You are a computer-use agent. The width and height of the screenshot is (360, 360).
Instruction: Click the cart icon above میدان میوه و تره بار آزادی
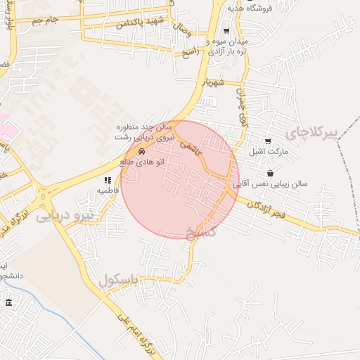coord(226,31)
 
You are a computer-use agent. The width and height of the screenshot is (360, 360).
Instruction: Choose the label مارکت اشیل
coord(265,151)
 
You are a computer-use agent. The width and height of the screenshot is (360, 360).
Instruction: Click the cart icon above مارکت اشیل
coord(268,141)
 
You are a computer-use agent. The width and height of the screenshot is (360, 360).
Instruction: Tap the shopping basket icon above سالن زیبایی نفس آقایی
coord(270,173)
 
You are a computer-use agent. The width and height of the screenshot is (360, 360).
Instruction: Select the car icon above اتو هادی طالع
coord(142,151)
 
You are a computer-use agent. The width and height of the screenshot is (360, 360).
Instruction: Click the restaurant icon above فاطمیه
coord(108,180)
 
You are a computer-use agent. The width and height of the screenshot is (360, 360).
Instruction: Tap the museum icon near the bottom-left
coord(8,302)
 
